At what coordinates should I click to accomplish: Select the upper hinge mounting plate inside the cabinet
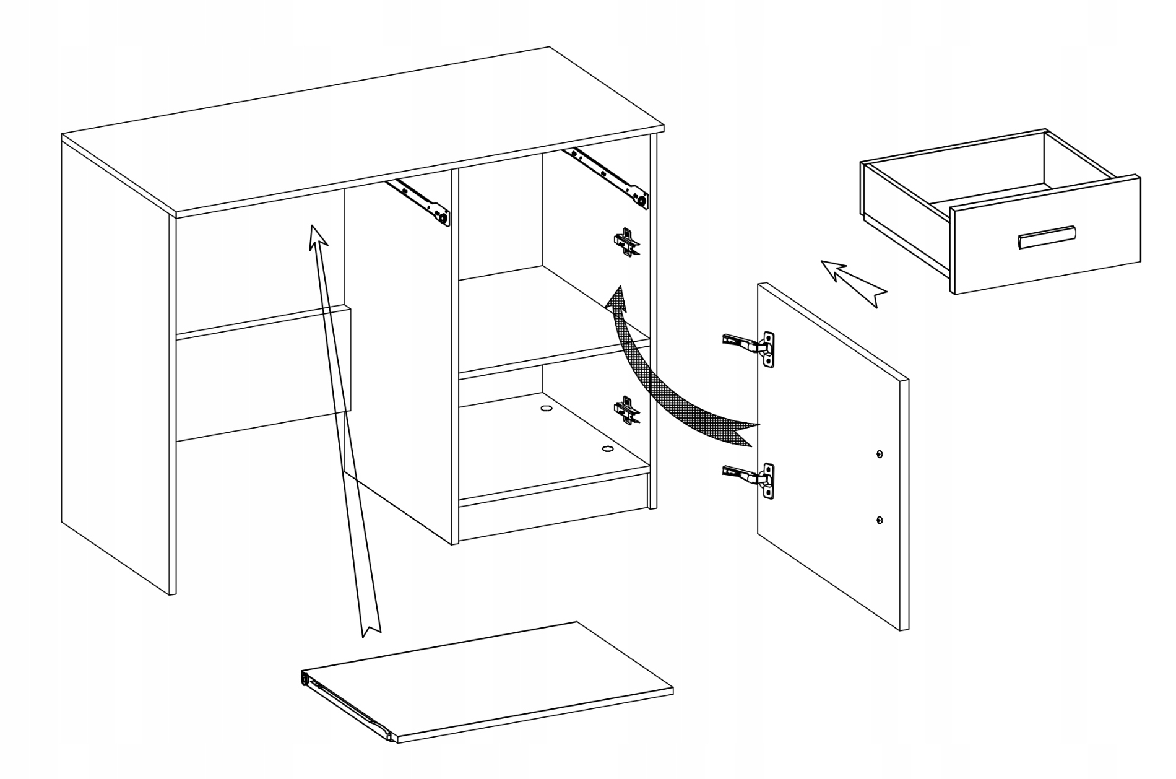(x=626, y=242)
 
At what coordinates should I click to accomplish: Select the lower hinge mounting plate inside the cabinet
(x=626, y=410)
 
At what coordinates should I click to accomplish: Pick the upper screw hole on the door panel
(x=880, y=454)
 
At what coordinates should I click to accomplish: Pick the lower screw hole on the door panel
(x=880, y=520)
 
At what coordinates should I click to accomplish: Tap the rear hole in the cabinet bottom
(x=546, y=409)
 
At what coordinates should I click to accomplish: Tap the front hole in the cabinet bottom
(x=607, y=448)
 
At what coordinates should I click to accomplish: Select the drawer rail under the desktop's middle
(x=418, y=201)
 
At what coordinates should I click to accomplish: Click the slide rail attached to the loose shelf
(x=347, y=706)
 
